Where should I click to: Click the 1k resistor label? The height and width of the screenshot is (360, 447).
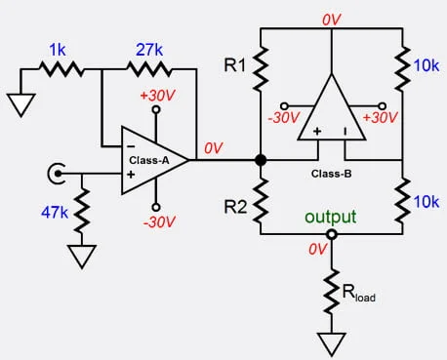click(x=58, y=50)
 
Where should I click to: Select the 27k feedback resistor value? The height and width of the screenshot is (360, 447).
click(x=149, y=50)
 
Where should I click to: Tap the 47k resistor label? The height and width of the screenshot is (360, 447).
click(x=55, y=213)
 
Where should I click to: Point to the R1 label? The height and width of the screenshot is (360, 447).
click(x=235, y=65)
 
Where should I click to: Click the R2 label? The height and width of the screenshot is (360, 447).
click(x=235, y=207)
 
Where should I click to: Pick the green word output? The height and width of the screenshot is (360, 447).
click(x=331, y=218)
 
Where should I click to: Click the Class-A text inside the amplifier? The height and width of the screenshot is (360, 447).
click(x=149, y=160)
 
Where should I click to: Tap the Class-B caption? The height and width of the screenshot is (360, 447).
click(x=331, y=174)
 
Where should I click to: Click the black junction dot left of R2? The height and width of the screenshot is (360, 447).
click(x=261, y=160)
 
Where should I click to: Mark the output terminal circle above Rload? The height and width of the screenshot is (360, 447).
click(x=332, y=234)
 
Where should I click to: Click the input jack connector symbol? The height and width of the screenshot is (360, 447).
click(x=56, y=174)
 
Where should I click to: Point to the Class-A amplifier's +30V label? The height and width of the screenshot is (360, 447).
click(x=157, y=96)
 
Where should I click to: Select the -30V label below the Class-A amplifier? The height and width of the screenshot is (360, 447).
click(x=159, y=222)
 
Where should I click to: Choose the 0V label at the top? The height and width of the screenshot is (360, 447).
click(x=332, y=20)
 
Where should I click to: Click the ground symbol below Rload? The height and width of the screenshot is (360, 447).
click(x=332, y=344)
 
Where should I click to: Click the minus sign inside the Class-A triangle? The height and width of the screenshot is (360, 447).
click(x=131, y=146)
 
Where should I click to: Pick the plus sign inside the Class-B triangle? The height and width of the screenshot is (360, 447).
click(x=317, y=131)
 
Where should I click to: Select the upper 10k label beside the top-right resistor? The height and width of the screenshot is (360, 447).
click(x=427, y=65)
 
